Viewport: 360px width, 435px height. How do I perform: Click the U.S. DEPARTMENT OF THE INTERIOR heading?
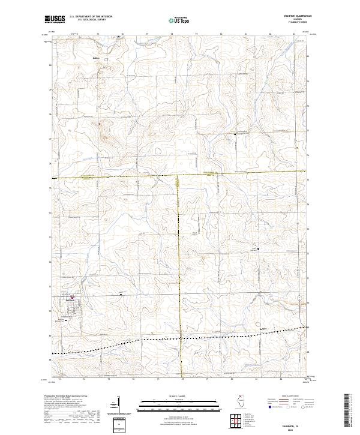coord(91,17)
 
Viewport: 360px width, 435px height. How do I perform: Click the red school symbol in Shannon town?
coord(74,297)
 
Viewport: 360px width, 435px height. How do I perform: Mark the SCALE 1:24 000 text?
coord(180,397)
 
